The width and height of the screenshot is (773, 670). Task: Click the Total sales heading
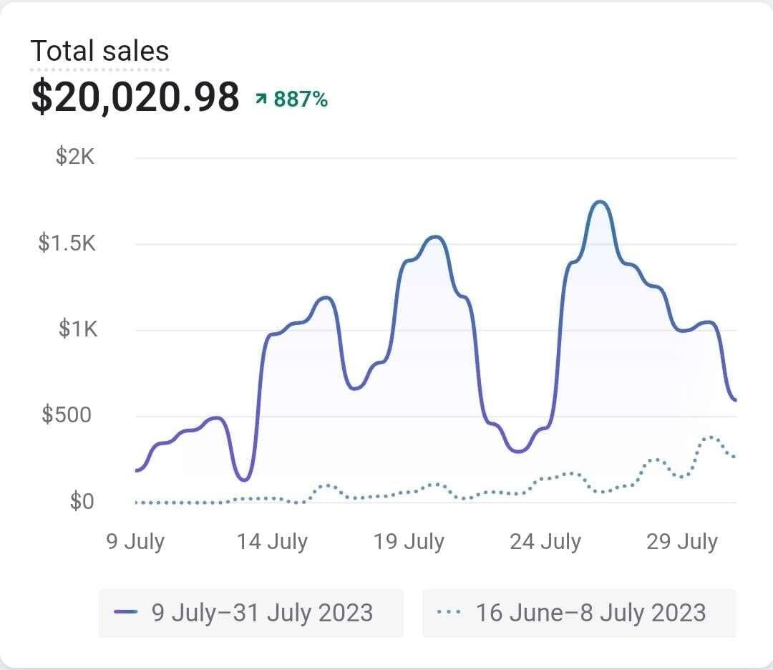pos(99,51)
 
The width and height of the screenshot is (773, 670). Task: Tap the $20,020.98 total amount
pos(135,97)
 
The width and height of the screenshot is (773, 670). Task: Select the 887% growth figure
pos(301,99)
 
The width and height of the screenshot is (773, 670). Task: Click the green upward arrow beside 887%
pos(261,99)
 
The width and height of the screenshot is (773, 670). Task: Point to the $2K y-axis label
pos(75,157)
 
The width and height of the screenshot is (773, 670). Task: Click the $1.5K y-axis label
pos(67,243)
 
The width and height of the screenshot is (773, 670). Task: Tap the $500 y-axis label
pos(67,415)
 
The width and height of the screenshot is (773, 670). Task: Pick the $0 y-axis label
pos(82,501)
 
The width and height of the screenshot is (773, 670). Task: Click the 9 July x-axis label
pos(135,541)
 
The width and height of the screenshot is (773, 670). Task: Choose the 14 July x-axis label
pos(272,541)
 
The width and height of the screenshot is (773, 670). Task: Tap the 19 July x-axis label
pos(409,541)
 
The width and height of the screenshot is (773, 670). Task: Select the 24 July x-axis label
pos(545,541)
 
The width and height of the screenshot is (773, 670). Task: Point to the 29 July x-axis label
pos(682,541)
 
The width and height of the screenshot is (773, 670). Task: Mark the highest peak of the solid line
pos(600,202)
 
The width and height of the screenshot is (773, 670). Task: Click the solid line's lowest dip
pos(244,480)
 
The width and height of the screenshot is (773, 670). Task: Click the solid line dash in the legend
pos(126,613)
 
